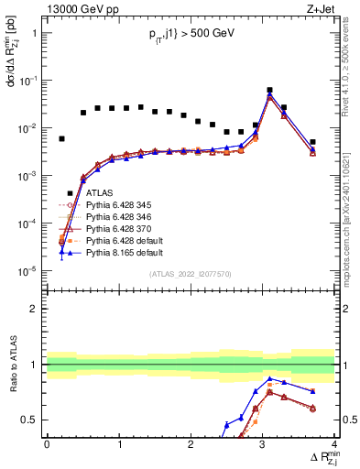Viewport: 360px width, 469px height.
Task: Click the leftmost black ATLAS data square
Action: point(61,139)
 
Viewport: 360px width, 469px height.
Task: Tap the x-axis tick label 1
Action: point(119,444)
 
